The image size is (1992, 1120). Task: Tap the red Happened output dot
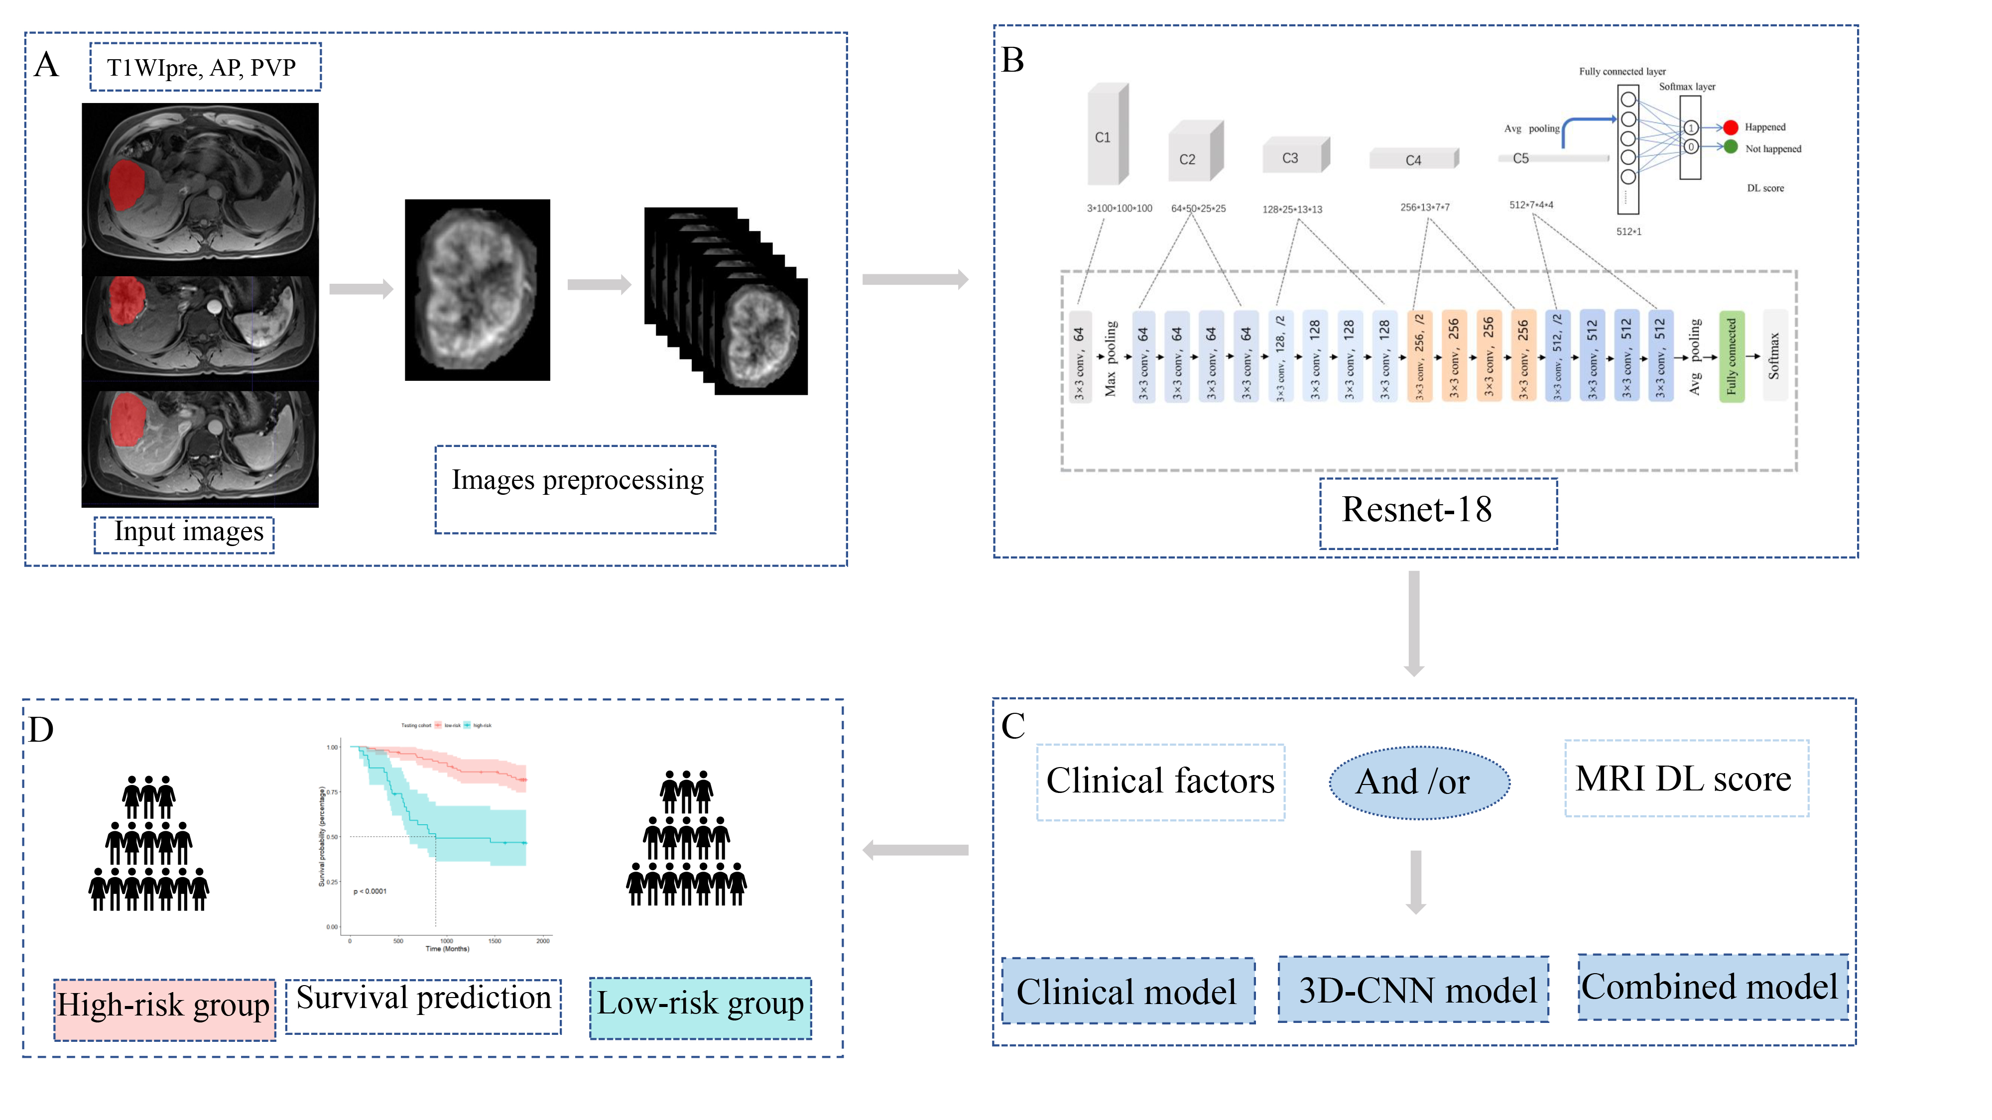click(1731, 127)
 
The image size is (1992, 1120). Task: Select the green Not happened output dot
click(1731, 147)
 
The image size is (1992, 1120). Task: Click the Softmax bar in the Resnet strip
click(1774, 356)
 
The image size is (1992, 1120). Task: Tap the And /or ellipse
click(1418, 782)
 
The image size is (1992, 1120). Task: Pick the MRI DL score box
click(1686, 779)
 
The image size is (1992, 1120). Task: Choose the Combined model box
click(1712, 987)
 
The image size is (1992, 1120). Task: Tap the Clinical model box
click(1127, 992)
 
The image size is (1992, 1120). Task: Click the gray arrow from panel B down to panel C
click(1414, 622)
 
